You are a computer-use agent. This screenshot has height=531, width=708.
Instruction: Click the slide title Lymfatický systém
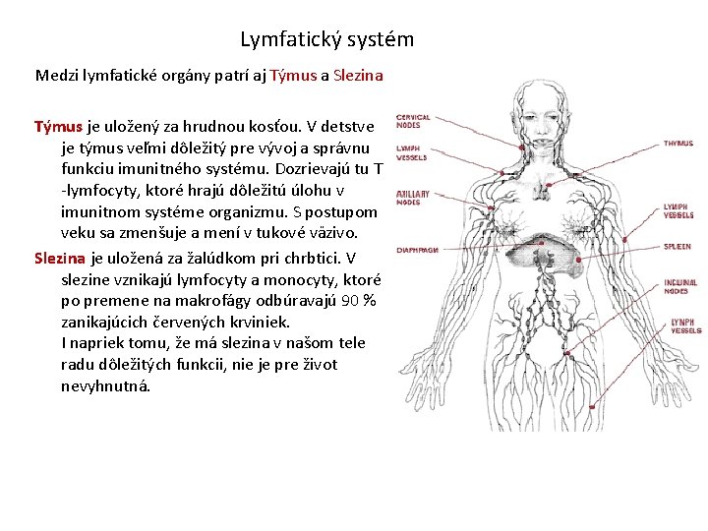point(326,40)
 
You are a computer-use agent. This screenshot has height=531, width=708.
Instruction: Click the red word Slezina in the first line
point(358,75)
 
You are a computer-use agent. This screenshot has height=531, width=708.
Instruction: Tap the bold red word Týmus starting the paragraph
point(59,127)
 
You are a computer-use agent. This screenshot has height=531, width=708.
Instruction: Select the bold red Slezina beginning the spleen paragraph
point(61,258)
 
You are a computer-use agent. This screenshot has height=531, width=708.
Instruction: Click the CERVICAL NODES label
point(412,121)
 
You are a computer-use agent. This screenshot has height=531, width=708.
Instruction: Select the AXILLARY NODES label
point(412,199)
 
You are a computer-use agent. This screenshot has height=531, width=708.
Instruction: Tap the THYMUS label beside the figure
point(678,144)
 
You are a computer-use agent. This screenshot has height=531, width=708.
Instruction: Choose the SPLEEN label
point(677,247)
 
